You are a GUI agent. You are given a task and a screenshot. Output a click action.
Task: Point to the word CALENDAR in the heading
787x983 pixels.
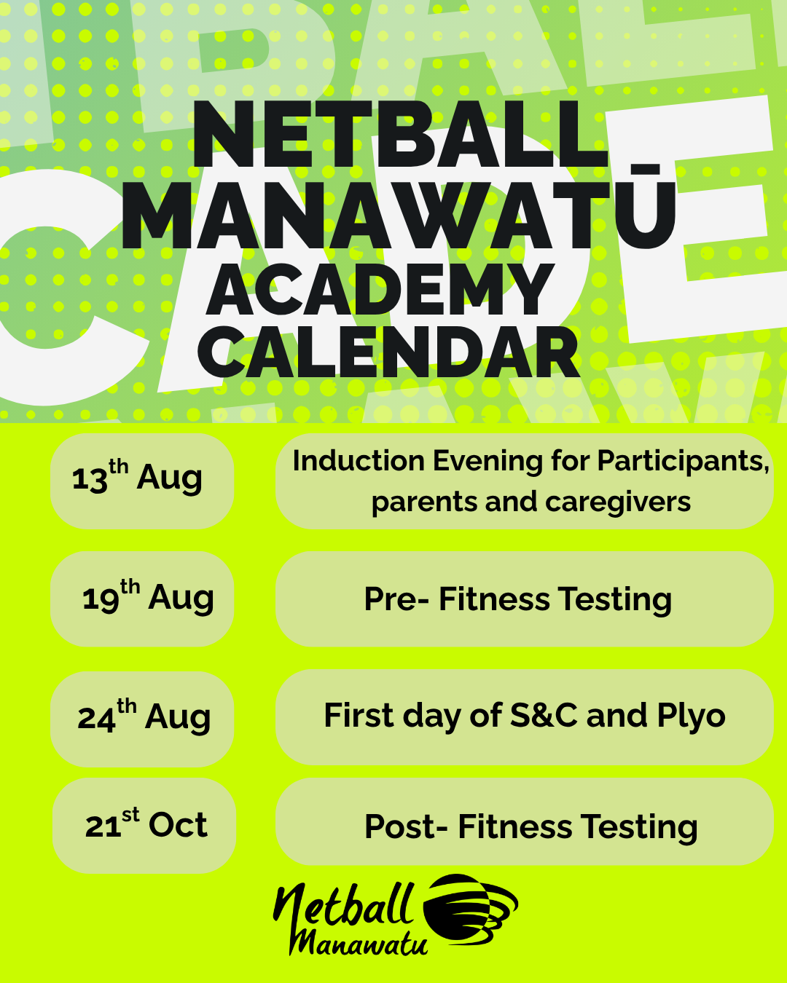point(388,352)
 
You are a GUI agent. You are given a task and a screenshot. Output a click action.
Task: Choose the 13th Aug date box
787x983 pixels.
point(142,481)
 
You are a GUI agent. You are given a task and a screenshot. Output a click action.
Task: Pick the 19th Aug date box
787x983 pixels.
point(142,599)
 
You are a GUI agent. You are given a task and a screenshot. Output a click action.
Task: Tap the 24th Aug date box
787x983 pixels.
point(142,719)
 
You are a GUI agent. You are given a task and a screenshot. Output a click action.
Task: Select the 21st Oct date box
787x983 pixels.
point(144,826)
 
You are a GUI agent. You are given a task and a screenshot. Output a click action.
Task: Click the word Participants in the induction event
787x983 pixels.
point(684,462)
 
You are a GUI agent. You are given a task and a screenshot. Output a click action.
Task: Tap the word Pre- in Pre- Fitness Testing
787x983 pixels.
point(396,599)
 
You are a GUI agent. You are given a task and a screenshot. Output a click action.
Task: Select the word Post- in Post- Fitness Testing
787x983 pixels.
point(406,826)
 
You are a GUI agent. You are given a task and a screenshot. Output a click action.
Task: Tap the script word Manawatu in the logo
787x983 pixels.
point(359,941)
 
